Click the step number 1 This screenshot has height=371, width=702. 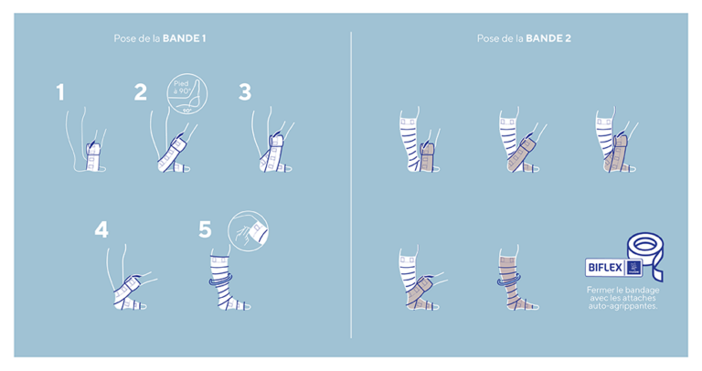point(60,92)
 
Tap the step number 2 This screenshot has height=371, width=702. point(140,91)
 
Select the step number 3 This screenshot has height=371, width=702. point(244,91)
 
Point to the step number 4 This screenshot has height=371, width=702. point(101,229)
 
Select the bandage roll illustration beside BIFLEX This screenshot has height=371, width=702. point(645,256)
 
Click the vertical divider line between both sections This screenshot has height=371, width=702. point(352,183)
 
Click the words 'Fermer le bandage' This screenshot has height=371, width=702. point(622,291)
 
